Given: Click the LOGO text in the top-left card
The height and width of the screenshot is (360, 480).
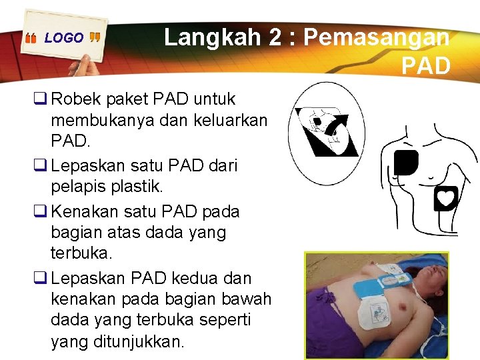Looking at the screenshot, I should click(64, 38).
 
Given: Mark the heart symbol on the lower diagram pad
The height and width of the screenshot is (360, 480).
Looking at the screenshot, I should click(445, 198).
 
